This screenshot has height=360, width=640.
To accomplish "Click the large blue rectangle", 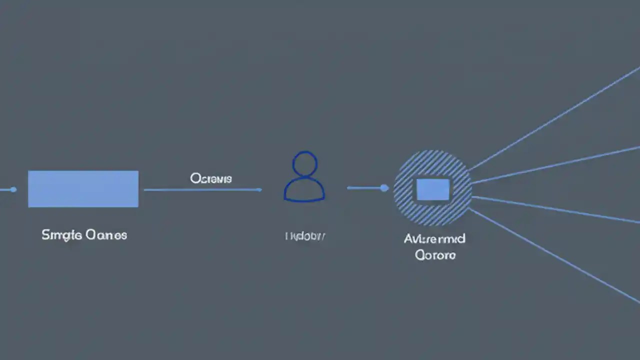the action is click(x=83, y=188).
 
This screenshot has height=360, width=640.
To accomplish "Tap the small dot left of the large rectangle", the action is click(x=13, y=189).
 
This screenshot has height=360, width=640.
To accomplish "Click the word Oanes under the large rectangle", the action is click(x=106, y=234).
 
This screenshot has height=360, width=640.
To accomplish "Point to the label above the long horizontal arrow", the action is click(x=210, y=178).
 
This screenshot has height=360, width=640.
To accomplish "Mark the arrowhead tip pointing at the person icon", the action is click(x=260, y=189).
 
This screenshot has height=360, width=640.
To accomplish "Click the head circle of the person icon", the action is click(x=304, y=164).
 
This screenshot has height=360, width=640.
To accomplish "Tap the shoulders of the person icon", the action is click(x=304, y=190).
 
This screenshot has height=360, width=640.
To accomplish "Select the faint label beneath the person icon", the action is click(x=305, y=236).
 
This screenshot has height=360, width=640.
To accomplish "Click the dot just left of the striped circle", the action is click(x=384, y=188).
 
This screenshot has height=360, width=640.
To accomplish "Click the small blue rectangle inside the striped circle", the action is click(x=433, y=189).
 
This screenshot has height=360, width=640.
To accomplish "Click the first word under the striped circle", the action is click(x=434, y=238).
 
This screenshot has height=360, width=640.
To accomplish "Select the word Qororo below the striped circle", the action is click(x=435, y=255).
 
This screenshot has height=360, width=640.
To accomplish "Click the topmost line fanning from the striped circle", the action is click(x=555, y=118).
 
